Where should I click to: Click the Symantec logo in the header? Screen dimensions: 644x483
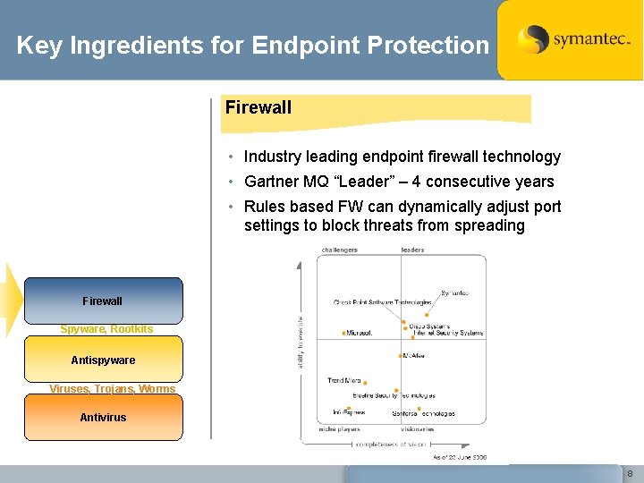point(569,39)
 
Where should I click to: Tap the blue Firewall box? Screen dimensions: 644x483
point(103,301)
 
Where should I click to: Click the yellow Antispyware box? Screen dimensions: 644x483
point(103,360)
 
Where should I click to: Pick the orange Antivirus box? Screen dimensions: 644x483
point(103,417)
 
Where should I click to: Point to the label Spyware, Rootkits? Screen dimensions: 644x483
point(106,329)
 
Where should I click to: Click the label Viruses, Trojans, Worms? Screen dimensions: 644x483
point(113,389)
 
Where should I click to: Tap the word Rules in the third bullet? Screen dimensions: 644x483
point(264,207)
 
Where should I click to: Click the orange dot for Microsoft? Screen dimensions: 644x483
point(343,333)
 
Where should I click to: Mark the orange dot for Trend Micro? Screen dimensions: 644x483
point(365,382)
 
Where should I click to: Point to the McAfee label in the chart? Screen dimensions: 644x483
point(413,356)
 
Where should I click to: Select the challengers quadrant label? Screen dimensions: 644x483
point(339,250)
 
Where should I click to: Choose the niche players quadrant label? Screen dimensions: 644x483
point(339,429)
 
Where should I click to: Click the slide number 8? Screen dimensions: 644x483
point(630,473)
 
